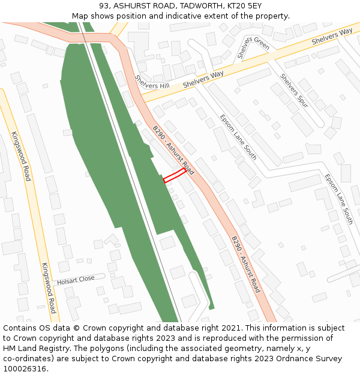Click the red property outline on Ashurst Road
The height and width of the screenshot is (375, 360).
pyautogui.click(x=175, y=175)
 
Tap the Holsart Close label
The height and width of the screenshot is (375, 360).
pyautogui.click(x=76, y=280)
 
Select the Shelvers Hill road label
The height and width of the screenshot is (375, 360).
pyautogui.click(x=152, y=82)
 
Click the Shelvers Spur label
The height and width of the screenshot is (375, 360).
pyautogui.click(x=294, y=91)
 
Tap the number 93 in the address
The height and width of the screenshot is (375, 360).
pyautogui.click(x=104, y=6)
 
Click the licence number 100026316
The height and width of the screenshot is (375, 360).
pyautogui.click(x=25, y=369)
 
